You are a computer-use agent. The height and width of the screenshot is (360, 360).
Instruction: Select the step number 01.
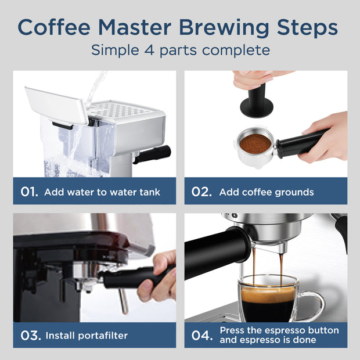(29, 192)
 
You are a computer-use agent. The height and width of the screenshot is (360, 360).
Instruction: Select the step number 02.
(201, 192)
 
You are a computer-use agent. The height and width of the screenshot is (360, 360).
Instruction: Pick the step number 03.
(29, 335)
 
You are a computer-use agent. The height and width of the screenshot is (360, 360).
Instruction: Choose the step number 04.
(201, 335)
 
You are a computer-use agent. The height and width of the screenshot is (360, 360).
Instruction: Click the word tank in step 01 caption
(148, 192)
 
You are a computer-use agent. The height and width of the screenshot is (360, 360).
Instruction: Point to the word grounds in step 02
(295, 192)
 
